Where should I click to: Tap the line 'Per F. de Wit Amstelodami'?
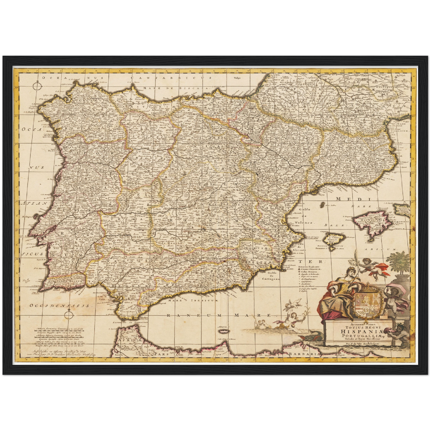(355, 343)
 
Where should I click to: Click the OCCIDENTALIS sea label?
(60, 305)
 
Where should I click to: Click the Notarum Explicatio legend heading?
(308, 265)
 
